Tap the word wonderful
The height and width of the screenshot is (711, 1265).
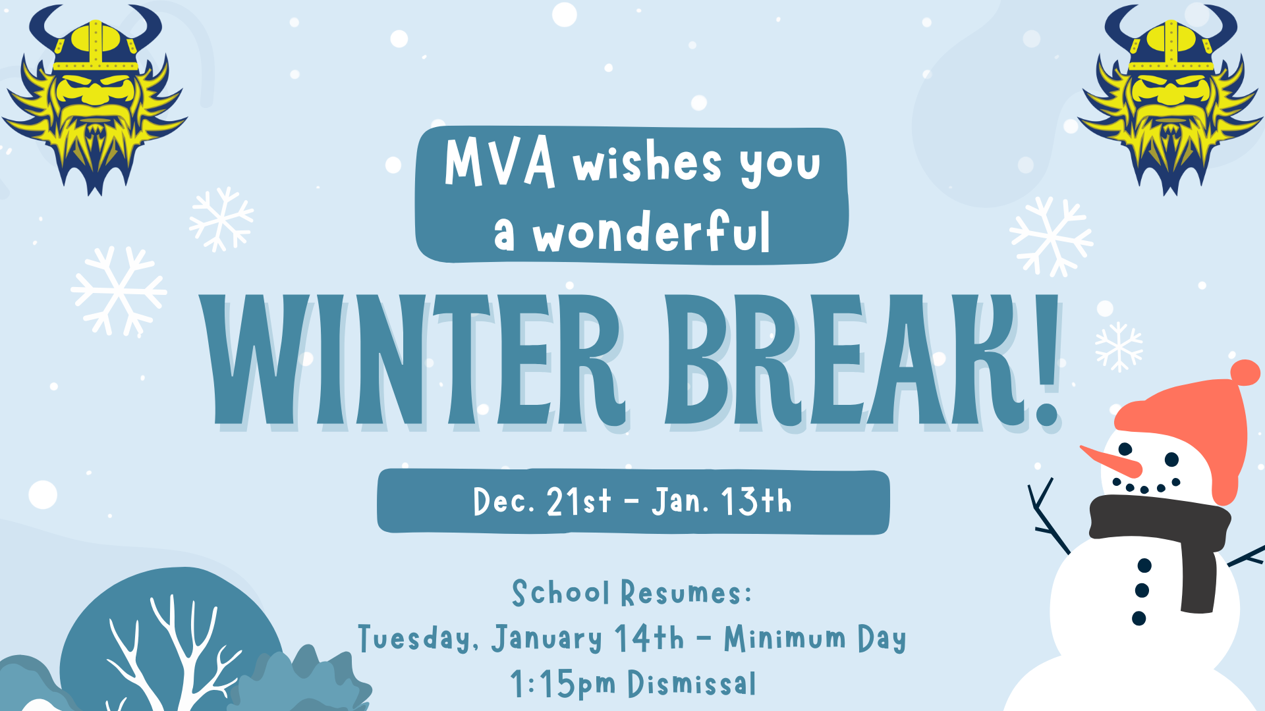coord(651,232)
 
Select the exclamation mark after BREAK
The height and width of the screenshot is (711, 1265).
coord(1044,359)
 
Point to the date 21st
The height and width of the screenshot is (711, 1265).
coord(578,502)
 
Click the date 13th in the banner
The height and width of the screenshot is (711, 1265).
coord(756,501)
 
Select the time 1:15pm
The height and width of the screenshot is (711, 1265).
coord(563,683)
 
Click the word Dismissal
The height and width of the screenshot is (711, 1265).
coord(692,683)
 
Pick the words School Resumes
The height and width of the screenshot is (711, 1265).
coord(632,592)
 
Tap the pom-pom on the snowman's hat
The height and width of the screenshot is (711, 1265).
coord(1245,373)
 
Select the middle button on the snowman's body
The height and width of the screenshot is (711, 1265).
coord(1142,591)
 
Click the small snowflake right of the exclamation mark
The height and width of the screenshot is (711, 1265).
coord(1119,347)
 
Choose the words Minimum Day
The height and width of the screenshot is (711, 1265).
coord(815,639)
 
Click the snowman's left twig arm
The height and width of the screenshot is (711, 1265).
coord(1049,517)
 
